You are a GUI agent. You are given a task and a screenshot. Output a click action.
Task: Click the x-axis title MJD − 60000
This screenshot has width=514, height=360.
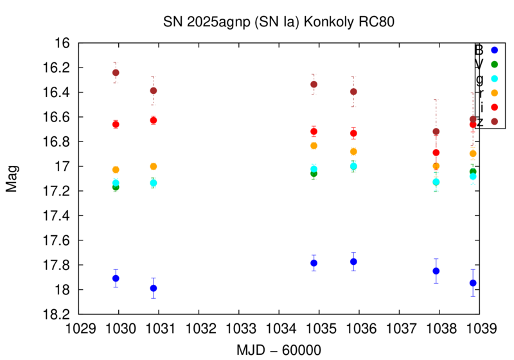[x=279, y=349]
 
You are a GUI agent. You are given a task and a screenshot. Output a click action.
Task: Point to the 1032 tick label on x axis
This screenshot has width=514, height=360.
[x=199, y=328]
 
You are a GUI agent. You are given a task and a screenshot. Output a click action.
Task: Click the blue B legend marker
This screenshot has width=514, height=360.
[x=494, y=50]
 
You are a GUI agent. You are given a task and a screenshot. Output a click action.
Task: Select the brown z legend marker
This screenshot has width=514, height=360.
[x=494, y=121]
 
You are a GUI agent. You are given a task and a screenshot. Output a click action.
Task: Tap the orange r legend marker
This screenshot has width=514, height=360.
[x=494, y=93]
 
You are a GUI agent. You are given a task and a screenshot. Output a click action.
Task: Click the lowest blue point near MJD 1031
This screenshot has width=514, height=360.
[x=154, y=288]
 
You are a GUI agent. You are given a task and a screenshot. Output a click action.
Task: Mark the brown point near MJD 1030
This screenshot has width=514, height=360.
[x=116, y=73]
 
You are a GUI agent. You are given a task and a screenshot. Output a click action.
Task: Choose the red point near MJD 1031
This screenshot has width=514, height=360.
[x=154, y=120]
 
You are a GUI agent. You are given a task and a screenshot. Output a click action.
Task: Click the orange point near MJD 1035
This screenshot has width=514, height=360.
[x=314, y=146]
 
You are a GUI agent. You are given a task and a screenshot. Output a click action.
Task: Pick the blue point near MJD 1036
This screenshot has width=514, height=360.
[x=353, y=262]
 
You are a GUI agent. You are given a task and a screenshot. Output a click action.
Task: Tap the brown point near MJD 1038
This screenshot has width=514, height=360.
[x=436, y=132]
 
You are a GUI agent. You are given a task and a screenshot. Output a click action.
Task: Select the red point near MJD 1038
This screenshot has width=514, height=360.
[x=436, y=152]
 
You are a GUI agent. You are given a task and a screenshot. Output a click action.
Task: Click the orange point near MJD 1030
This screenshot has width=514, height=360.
[x=116, y=170]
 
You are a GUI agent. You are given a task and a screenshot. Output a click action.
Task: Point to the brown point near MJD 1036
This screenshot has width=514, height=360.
[x=353, y=91]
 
